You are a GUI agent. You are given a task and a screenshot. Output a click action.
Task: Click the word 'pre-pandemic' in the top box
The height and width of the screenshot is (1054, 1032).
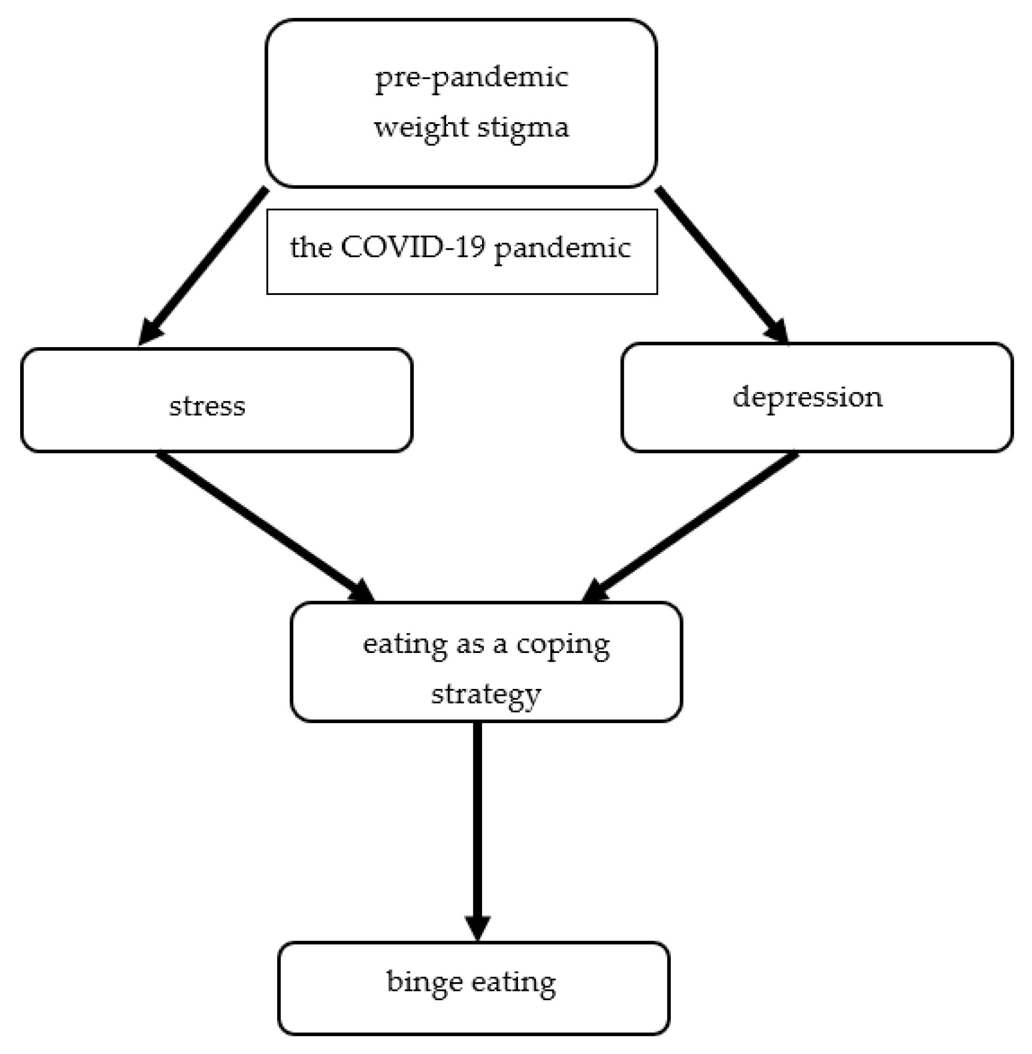click(471, 78)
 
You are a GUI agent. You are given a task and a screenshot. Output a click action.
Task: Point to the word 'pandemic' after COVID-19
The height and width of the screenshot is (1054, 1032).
click(562, 248)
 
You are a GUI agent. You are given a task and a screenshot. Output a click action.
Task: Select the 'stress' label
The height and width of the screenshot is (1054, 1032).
click(207, 406)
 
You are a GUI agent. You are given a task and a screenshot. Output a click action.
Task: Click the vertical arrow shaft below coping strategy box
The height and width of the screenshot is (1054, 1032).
click(478, 814)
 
